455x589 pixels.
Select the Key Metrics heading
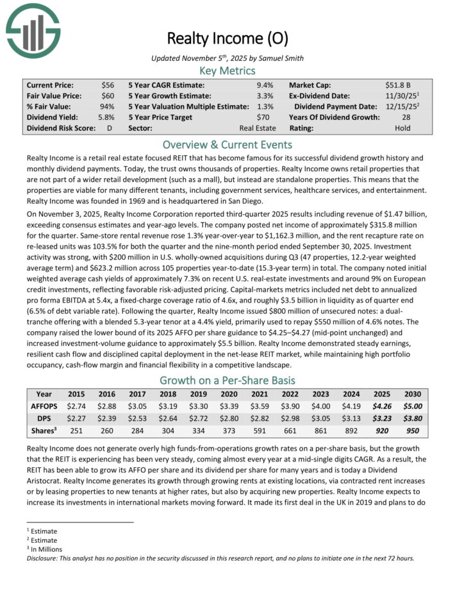click(227, 71)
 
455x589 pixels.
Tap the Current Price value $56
click(108, 85)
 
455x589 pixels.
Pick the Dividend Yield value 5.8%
click(106, 117)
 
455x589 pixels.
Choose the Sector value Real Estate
click(258, 128)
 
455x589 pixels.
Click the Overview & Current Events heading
click(227, 144)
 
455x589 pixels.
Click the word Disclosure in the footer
click(43, 558)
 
